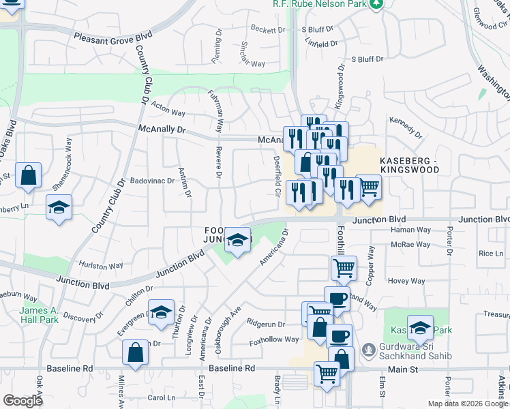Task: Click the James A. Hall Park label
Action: (x=39, y=315)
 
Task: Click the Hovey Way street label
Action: (x=406, y=281)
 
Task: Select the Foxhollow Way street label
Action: (x=274, y=339)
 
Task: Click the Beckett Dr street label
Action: (x=267, y=30)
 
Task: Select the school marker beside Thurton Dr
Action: (x=161, y=313)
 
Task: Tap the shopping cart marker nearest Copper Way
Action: (x=344, y=268)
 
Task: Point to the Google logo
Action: (x=22, y=401)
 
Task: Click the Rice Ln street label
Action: (x=490, y=254)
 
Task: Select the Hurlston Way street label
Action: (x=101, y=266)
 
